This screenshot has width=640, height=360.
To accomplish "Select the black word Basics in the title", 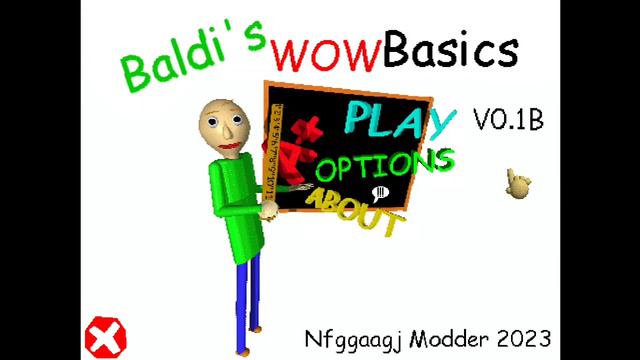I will pyautogui.click(x=451, y=49).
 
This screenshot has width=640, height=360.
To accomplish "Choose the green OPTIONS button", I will pyautogui.click(x=385, y=165).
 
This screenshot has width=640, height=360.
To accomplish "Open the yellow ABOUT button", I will pyautogui.click(x=354, y=211).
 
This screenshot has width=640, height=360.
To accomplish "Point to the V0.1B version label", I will pyautogui.click(x=507, y=121).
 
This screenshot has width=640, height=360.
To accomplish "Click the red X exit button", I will pyautogui.click(x=104, y=337).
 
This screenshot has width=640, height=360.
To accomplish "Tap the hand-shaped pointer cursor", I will pyautogui.click(x=517, y=184).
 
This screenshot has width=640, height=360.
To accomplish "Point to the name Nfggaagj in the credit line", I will pyautogui.click(x=350, y=337).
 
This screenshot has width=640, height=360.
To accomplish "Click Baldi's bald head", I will pyautogui.click(x=222, y=120).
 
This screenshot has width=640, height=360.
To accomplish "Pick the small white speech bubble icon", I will pyautogui.click(x=379, y=194).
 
